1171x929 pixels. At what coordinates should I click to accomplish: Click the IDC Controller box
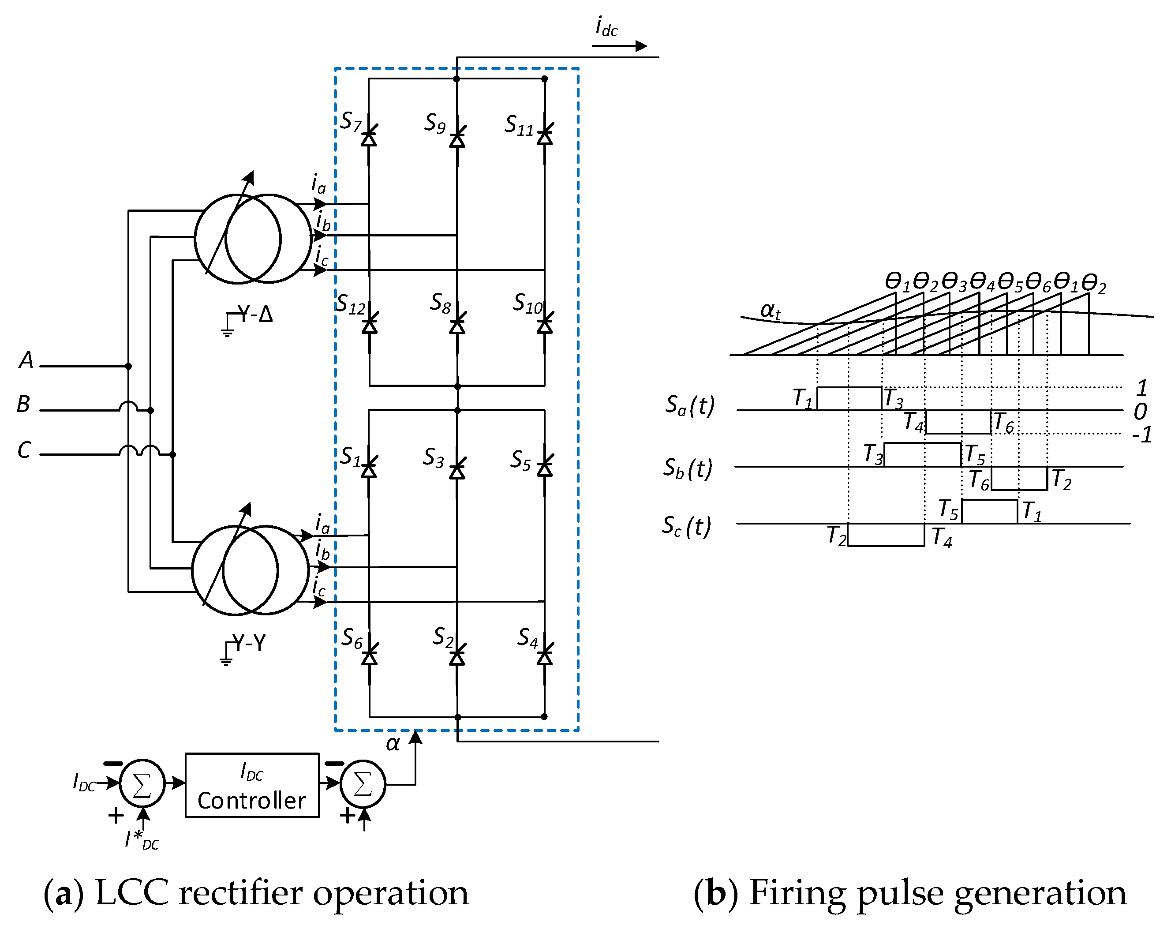252,785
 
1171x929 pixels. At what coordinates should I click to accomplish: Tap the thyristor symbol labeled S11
545,136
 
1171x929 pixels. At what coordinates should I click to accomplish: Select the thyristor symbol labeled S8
457,324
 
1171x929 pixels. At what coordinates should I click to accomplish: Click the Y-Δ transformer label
255,314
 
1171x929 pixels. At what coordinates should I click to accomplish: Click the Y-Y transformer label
249,643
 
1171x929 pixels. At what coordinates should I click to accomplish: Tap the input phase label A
26,360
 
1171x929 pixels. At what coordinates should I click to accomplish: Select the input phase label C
24,450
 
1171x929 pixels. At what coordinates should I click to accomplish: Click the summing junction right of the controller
363,783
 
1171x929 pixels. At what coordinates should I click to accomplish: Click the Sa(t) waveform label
690,405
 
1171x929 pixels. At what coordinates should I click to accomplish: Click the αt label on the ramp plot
770,310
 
